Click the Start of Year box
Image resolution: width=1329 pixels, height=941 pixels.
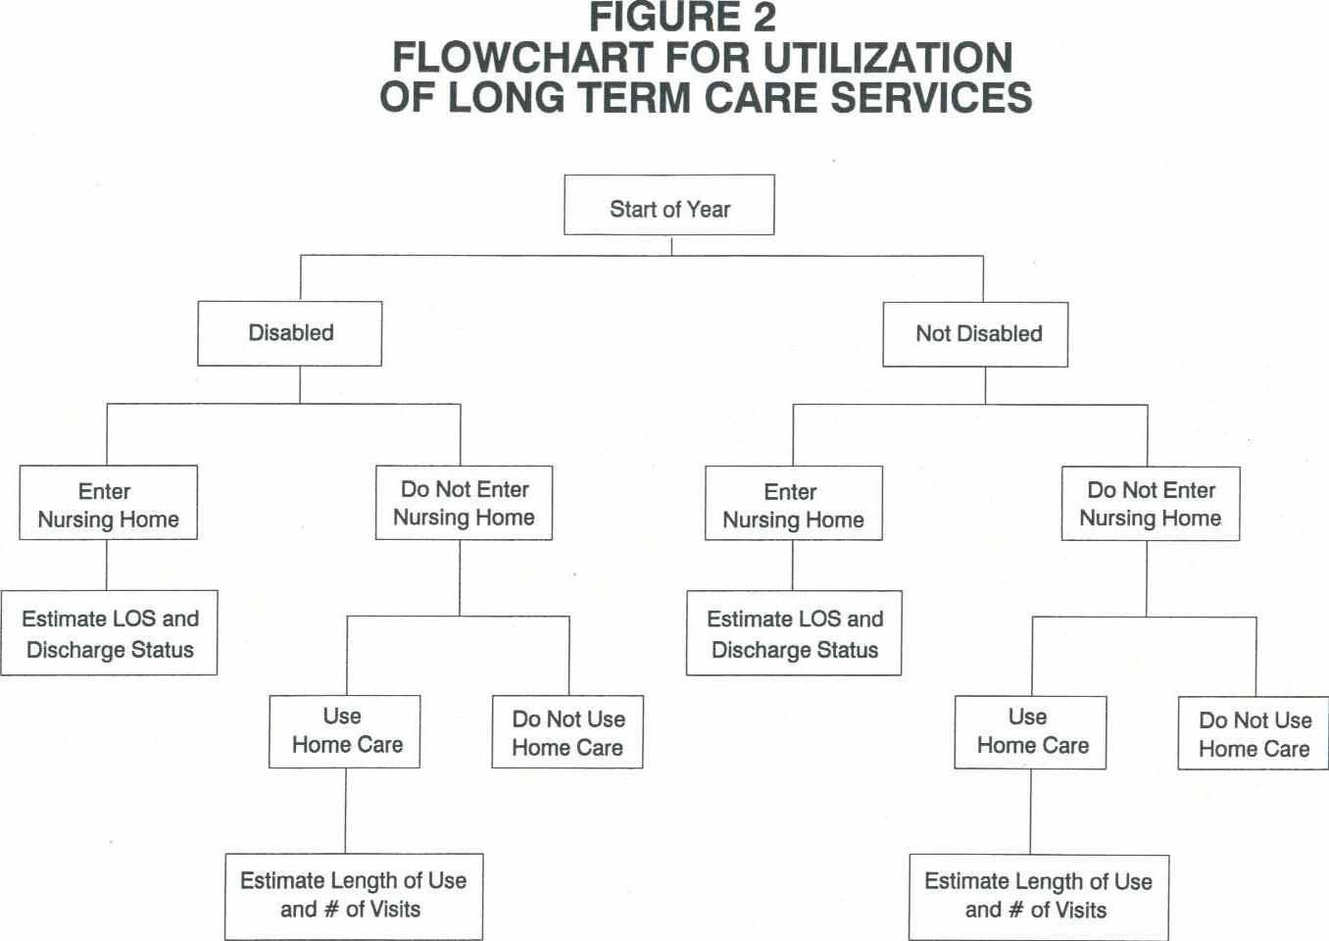(x=669, y=206)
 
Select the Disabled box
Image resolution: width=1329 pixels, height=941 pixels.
(x=290, y=333)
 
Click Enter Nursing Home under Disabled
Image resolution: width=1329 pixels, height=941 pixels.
(x=108, y=504)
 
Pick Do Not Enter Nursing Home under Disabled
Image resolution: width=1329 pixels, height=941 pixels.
(x=464, y=503)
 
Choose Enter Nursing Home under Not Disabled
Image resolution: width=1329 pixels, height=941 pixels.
(x=793, y=505)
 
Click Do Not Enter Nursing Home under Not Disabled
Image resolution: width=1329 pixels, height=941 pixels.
(x=1151, y=504)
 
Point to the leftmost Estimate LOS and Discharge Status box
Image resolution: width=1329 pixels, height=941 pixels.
(x=109, y=633)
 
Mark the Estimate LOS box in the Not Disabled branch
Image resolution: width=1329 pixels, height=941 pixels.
(x=794, y=634)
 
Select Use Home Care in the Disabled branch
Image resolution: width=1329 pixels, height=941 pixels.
(x=345, y=731)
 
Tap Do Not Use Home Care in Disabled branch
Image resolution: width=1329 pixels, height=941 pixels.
(x=567, y=732)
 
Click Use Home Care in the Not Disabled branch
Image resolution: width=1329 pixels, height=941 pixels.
(x=1031, y=732)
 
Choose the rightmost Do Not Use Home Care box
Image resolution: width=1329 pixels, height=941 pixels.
(x=1254, y=734)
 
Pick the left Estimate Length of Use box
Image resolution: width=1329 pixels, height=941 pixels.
(x=353, y=895)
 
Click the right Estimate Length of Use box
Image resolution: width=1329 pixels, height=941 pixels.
(x=1038, y=896)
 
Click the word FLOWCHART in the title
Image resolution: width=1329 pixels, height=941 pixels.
(x=522, y=58)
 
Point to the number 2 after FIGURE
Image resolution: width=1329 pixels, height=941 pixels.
(x=763, y=18)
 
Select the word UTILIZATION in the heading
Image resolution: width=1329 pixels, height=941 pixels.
(x=887, y=58)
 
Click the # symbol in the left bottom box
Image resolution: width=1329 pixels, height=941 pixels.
(x=331, y=910)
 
